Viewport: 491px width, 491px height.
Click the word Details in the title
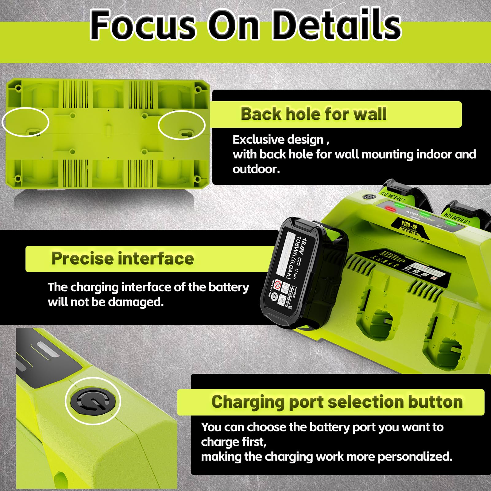(337, 25)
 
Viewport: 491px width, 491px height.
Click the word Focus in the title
(143, 25)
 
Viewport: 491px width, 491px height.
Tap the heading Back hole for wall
(313, 114)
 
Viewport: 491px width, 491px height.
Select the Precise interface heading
(122, 258)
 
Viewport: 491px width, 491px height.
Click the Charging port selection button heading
(337, 402)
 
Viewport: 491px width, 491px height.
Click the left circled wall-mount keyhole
(34, 132)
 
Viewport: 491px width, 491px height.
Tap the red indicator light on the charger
(390, 209)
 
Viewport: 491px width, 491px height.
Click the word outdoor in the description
(256, 169)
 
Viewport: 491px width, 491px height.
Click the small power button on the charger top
(365, 197)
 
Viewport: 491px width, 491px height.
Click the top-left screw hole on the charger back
(18, 88)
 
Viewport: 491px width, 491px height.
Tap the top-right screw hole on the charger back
(198, 90)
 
